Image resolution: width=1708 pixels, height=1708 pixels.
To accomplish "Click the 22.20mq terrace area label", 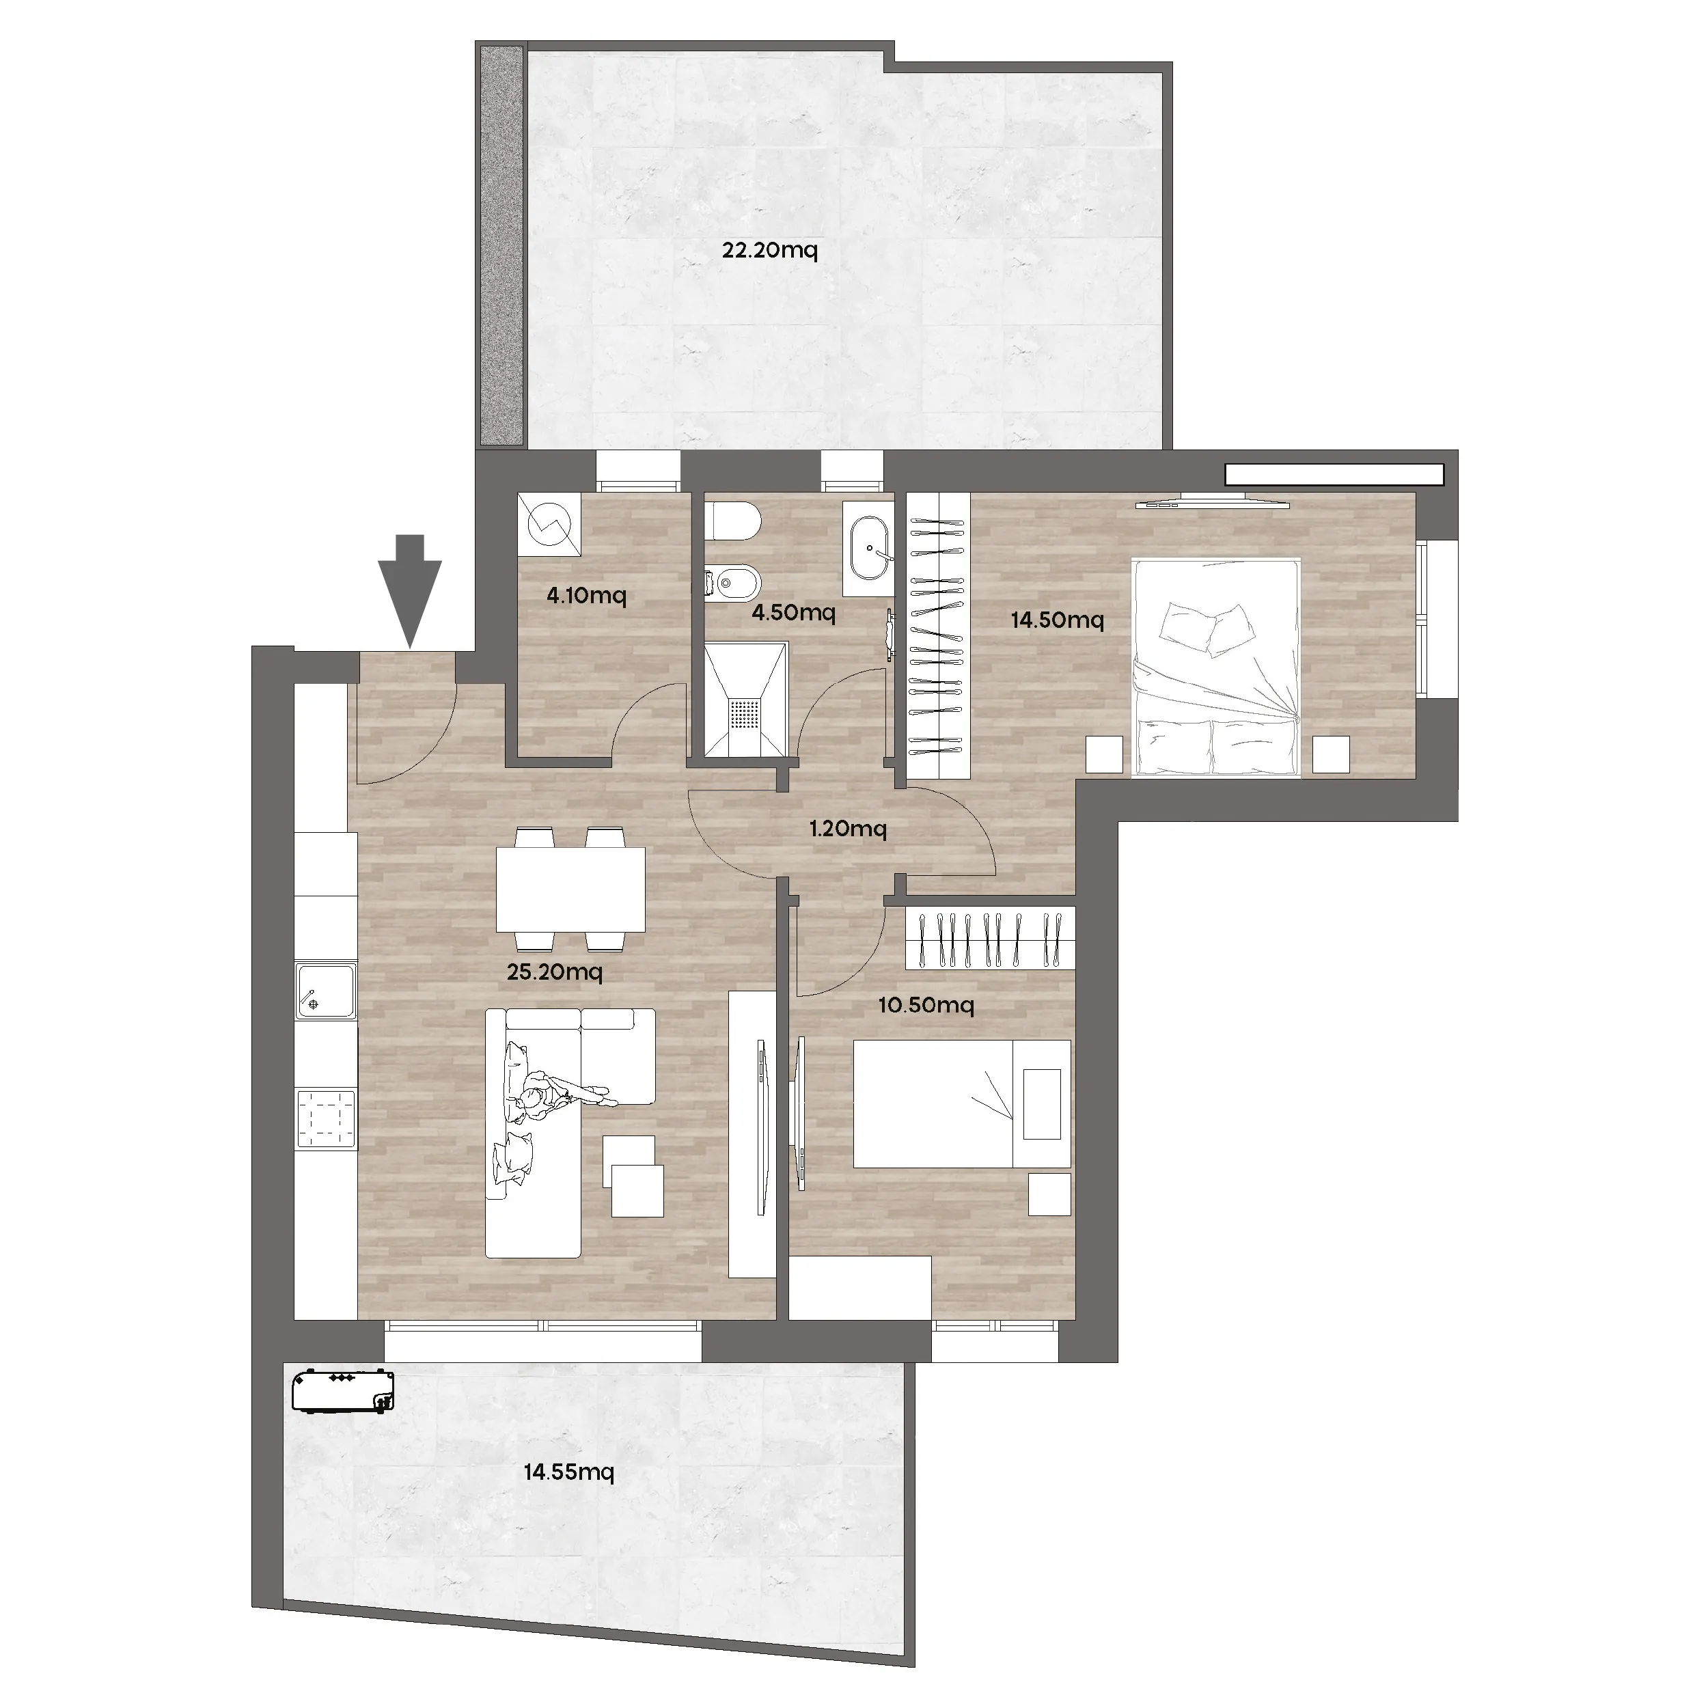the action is pos(769,250).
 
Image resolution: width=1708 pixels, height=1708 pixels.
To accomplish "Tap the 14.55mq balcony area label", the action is pos(568,1472).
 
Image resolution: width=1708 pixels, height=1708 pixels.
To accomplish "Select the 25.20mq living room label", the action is pos(554,972).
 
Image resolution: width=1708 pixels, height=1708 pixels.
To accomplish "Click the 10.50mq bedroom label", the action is pos(926,1005).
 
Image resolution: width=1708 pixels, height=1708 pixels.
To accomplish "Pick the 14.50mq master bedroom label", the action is pos(1058,620).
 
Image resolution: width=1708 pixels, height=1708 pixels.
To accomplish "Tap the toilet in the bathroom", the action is pos(733,521).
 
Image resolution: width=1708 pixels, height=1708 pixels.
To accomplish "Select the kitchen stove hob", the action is pos(326,1118).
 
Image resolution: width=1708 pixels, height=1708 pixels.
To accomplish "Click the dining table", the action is pos(570,890).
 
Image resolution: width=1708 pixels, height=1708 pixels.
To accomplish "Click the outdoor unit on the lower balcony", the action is pos(343,1392).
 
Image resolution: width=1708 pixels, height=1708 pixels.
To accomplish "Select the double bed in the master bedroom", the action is pos(1215,667).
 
